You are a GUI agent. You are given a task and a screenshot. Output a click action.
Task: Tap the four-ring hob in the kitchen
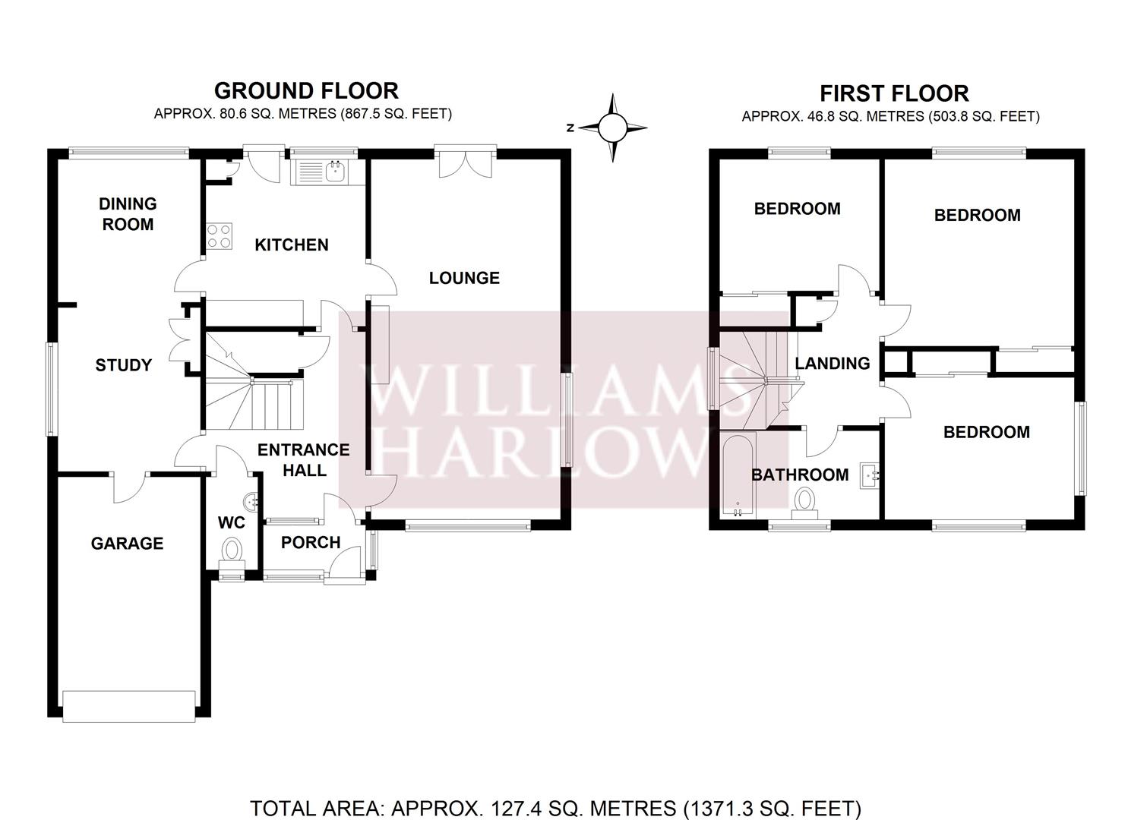point(220,236)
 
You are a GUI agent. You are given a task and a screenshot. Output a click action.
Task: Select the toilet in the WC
point(232,553)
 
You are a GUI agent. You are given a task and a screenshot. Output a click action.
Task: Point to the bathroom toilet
point(804,503)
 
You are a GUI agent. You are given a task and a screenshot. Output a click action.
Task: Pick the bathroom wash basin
point(870,475)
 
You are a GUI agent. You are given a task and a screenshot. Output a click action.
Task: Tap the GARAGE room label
point(127,543)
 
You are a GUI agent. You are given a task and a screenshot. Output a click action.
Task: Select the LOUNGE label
point(464,278)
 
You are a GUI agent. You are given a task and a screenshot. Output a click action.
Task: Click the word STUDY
point(123,365)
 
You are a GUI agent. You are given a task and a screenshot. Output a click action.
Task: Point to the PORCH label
point(311,542)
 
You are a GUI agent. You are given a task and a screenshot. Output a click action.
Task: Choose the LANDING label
point(833,363)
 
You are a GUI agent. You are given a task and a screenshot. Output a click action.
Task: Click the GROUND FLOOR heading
point(306,91)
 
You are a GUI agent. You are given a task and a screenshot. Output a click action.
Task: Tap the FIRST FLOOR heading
point(894,93)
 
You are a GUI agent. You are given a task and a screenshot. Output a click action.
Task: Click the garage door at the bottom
point(129,707)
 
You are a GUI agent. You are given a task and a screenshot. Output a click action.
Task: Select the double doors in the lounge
point(466,162)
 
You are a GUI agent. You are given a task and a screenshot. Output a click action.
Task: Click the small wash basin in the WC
point(251,502)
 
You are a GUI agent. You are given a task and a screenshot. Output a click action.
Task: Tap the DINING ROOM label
point(128,214)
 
